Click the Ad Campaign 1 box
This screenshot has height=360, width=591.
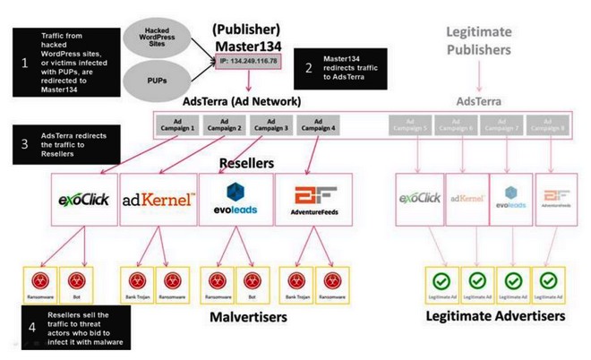click(176, 127)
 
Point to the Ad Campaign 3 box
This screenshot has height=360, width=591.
click(270, 127)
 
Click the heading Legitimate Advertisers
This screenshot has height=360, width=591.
click(494, 316)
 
